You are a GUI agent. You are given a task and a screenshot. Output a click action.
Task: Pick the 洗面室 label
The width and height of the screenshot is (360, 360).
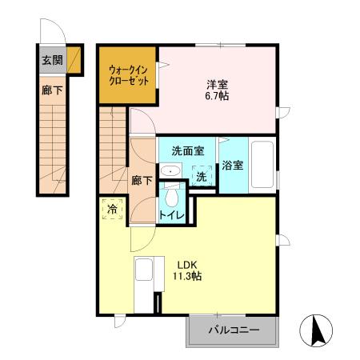click(x=186, y=150)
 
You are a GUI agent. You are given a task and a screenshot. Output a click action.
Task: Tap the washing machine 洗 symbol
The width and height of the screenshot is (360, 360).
click(x=202, y=176)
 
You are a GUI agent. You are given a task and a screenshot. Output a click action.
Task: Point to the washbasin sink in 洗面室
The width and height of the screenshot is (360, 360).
click(x=170, y=172)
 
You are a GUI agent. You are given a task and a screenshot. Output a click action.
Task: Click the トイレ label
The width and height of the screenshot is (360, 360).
click(x=172, y=215)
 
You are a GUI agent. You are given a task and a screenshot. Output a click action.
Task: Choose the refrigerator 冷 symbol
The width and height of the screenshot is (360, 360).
click(x=113, y=209)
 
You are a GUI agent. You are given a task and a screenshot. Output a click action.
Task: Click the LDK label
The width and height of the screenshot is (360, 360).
click(x=186, y=266)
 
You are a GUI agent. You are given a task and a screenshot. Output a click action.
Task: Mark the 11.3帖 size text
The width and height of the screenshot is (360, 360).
click(x=186, y=278)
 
